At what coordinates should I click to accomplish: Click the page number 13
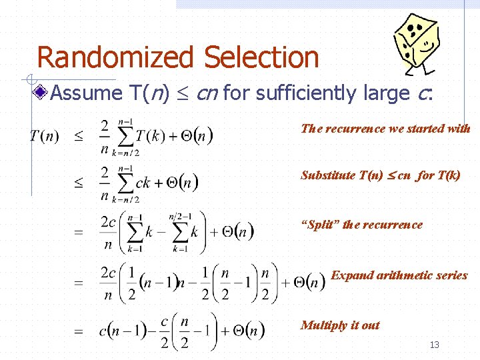[435, 345]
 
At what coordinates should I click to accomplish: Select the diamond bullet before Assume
[42, 93]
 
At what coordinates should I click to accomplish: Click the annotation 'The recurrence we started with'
[385, 129]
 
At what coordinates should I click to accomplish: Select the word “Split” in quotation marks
[319, 225]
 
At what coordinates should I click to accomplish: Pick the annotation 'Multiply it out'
[340, 325]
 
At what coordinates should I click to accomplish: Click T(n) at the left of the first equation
[44, 137]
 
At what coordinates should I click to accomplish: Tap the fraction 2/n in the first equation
[105, 137]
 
